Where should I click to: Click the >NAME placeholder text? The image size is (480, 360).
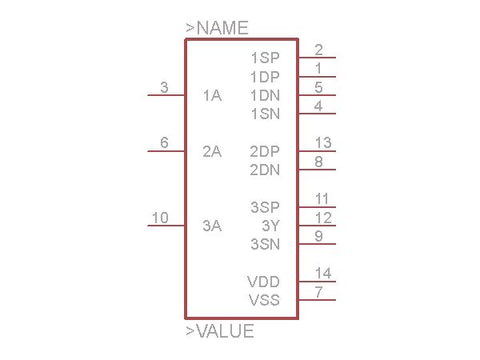coord(217,28)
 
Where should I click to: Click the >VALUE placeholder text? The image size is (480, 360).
coord(220,331)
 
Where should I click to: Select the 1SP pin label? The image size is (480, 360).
coord(265,58)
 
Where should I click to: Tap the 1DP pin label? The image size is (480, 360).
coord(265,78)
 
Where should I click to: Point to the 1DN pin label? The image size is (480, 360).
coord(265,96)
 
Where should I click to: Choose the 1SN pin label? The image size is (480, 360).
coord(265,114)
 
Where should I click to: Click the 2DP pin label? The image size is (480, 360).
coord(265,152)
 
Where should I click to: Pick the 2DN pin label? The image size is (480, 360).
coord(265,170)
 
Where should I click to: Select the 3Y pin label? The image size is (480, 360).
coord(271,226)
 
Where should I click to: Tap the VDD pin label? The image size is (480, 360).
coord(263,282)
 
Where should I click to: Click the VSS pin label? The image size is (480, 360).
coord(264,301)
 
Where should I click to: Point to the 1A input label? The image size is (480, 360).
coord(212,96)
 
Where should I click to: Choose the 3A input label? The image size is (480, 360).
coord(212,226)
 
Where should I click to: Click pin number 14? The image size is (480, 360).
coord(322,274)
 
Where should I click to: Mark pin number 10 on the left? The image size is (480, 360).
coord(160,218)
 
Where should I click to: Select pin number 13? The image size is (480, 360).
coord(322,143)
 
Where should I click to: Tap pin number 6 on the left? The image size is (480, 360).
coord(164,143)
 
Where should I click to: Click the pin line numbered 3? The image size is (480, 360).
coord(166,95)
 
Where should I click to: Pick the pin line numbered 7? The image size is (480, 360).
coord(317,300)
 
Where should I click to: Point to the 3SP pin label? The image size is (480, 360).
coord(265,207)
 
